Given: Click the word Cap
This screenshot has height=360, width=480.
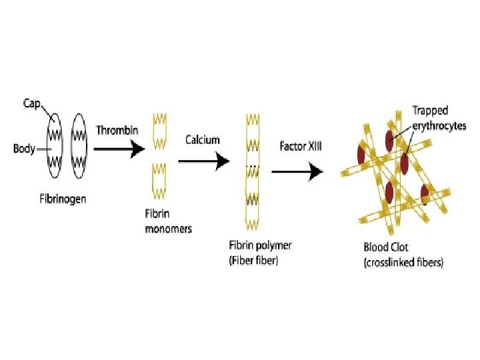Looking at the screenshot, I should pyautogui.click(x=31, y=104).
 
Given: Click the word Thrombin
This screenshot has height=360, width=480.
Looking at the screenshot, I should pyautogui.click(x=117, y=130).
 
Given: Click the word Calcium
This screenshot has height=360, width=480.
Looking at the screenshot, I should pyautogui.click(x=202, y=140).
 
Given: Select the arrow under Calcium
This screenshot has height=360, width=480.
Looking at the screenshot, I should pyautogui.click(x=203, y=161).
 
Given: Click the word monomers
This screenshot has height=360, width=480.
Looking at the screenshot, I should pyautogui.click(x=168, y=229).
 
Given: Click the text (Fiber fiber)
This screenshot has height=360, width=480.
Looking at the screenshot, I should pyautogui.click(x=253, y=261).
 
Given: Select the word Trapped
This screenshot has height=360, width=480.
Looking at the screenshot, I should pyautogui.click(x=430, y=111).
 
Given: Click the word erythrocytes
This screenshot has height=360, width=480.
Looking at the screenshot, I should pyautogui.click(x=437, y=125).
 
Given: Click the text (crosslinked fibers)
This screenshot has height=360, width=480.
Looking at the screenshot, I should pyautogui.click(x=403, y=263).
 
